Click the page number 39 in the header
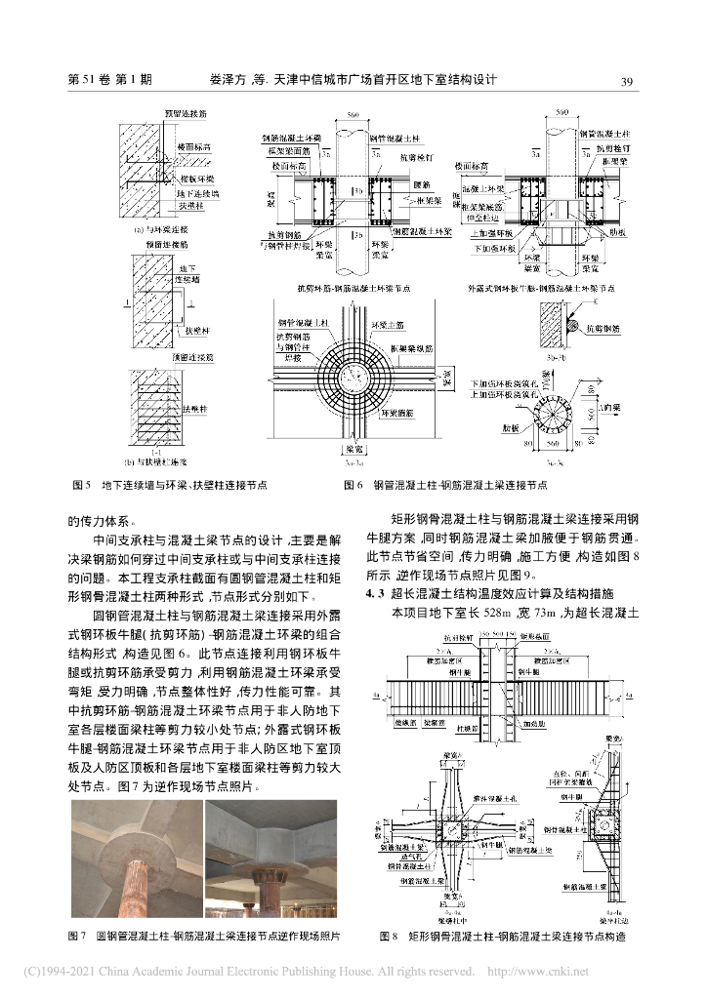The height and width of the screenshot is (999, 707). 628,81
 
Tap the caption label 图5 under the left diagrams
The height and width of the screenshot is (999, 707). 81,484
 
